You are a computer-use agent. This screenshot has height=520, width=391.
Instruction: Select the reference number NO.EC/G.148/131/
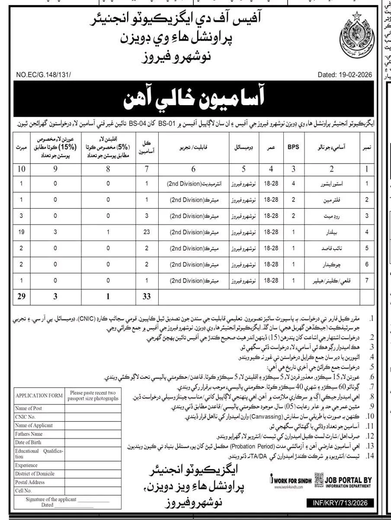40,75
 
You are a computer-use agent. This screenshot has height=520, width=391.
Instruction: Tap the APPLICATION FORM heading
38,395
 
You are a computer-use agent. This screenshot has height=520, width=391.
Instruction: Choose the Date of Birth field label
28,442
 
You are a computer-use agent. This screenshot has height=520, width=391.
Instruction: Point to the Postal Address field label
29,482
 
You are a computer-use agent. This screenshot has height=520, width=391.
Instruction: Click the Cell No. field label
23,491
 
